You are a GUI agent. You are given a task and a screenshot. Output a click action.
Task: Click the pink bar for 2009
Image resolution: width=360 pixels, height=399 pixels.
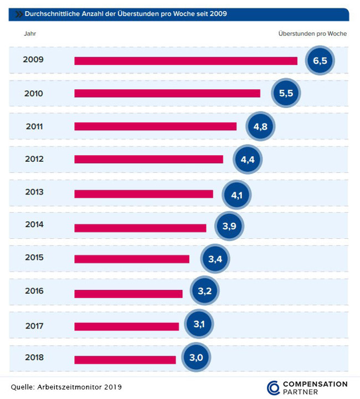(186, 60)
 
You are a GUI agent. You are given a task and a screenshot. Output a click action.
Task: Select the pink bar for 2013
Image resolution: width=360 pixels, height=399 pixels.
(143, 193)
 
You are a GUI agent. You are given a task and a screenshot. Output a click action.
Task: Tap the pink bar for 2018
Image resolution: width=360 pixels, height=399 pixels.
(125, 360)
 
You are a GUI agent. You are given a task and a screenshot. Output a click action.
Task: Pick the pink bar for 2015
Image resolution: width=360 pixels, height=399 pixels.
(132, 259)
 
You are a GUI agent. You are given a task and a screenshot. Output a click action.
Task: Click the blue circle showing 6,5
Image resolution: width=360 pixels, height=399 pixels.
(320, 61)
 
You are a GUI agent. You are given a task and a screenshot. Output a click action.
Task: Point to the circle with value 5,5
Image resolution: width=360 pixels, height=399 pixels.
(286, 93)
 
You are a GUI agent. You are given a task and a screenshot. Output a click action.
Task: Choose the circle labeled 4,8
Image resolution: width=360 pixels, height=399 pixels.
(260, 126)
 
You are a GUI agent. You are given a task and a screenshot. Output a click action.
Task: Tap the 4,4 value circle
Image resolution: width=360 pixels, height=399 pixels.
(247, 160)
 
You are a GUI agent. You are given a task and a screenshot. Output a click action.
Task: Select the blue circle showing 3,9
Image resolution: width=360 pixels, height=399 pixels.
(229, 226)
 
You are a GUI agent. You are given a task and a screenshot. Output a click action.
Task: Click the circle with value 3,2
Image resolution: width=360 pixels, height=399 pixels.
(205, 291)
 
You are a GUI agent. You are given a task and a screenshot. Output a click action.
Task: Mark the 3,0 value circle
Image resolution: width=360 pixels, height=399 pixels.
(196, 358)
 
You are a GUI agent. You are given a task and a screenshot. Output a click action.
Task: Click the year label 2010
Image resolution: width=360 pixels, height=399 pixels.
(34, 93)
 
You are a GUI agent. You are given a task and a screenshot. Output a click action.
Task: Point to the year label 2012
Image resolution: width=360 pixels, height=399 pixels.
(34, 159)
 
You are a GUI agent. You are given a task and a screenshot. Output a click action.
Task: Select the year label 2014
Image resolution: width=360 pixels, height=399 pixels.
(34, 225)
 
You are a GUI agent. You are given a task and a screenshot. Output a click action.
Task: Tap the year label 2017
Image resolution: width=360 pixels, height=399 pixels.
(34, 325)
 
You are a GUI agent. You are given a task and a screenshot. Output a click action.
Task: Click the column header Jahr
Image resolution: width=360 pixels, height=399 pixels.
(30, 34)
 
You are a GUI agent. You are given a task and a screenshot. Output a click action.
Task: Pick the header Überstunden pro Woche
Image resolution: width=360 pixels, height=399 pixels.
(312, 34)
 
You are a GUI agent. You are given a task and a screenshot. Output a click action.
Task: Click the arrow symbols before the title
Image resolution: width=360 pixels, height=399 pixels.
(17, 13)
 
